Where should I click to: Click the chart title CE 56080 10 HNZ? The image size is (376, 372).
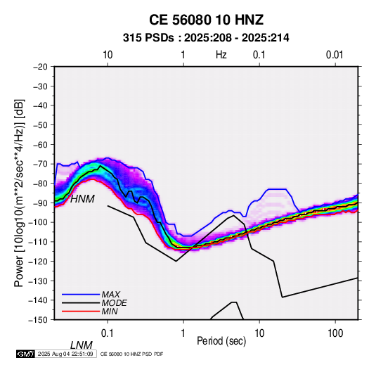pyautogui.click(x=206, y=20)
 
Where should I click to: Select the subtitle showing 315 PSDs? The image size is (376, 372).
pyautogui.click(x=206, y=38)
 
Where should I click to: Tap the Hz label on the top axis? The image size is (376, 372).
pyautogui.click(x=221, y=55)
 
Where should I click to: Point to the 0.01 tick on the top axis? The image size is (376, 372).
pyautogui.click(x=335, y=55)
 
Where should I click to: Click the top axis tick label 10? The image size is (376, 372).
pyautogui.click(x=108, y=55)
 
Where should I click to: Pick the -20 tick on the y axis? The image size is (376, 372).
pyautogui.click(x=40, y=67)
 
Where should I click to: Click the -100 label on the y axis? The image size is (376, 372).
pyautogui.click(x=38, y=222)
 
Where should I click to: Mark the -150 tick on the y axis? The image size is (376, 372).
pyautogui.click(x=38, y=320)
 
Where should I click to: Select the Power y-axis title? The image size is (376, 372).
pyautogui.click(x=19, y=193)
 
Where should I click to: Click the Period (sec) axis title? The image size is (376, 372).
pyautogui.click(x=221, y=341)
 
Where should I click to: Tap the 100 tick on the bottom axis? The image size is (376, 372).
pyautogui.click(x=335, y=333)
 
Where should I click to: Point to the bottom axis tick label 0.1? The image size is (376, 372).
pyautogui.click(x=108, y=333)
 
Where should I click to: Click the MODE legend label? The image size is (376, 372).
pyautogui.click(x=114, y=303)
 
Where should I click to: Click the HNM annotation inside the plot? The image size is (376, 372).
pyautogui.click(x=82, y=199)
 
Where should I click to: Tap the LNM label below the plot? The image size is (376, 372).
pyautogui.click(x=82, y=345)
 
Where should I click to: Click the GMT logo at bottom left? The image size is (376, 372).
pyautogui.click(x=25, y=354)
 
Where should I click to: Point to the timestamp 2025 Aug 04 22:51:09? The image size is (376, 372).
pyautogui.click(x=65, y=354)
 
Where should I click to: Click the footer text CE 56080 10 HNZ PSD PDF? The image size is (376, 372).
pyautogui.click(x=131, y=354)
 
